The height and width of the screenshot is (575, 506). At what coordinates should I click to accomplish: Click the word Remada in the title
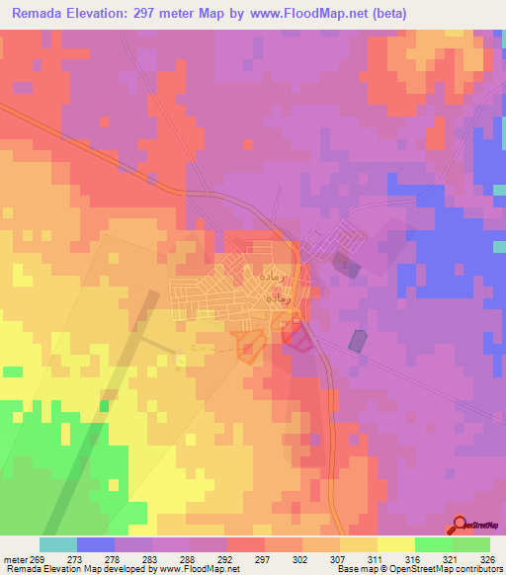pos(42,14)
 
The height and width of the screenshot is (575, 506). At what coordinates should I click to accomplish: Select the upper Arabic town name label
pos(268,270)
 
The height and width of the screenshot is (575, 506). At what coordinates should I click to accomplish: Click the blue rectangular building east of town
pos(357,340)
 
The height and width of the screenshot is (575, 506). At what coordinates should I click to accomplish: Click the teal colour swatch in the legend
pos(57,544)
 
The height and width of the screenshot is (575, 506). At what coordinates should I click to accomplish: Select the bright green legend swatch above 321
pos(433,544)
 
